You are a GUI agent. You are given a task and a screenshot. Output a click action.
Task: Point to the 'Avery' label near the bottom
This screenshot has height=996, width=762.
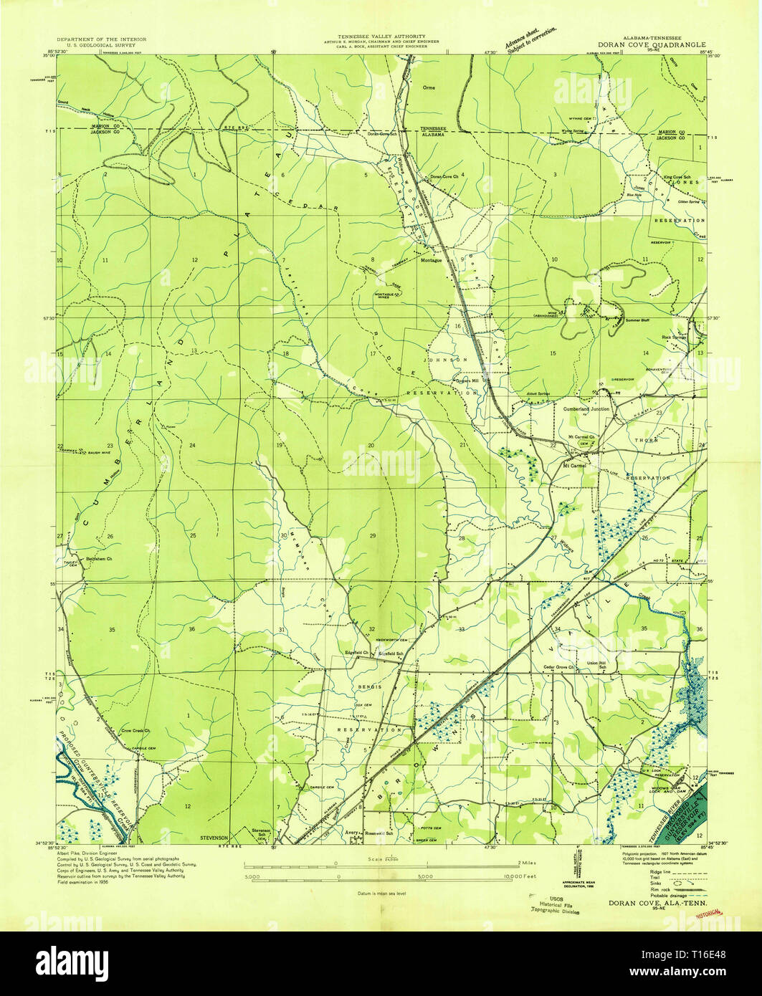pos(351,833)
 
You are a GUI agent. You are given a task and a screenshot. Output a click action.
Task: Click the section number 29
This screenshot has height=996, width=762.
pos(372,536)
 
